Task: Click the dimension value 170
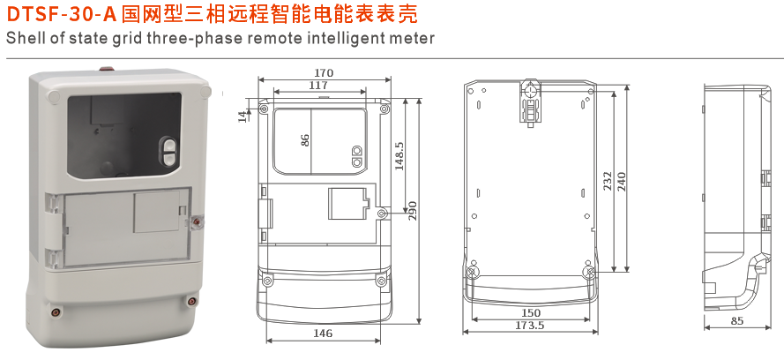tap(324, 72)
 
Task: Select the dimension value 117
tap(319, 86)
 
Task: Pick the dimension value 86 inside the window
tap(305, 139)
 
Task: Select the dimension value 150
tap(531, 313)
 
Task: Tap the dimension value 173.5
tap(531, 326)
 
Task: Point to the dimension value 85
tap(737, 321)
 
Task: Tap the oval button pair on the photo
tap(170, 152)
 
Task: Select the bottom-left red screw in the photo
tap(57, 311)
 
